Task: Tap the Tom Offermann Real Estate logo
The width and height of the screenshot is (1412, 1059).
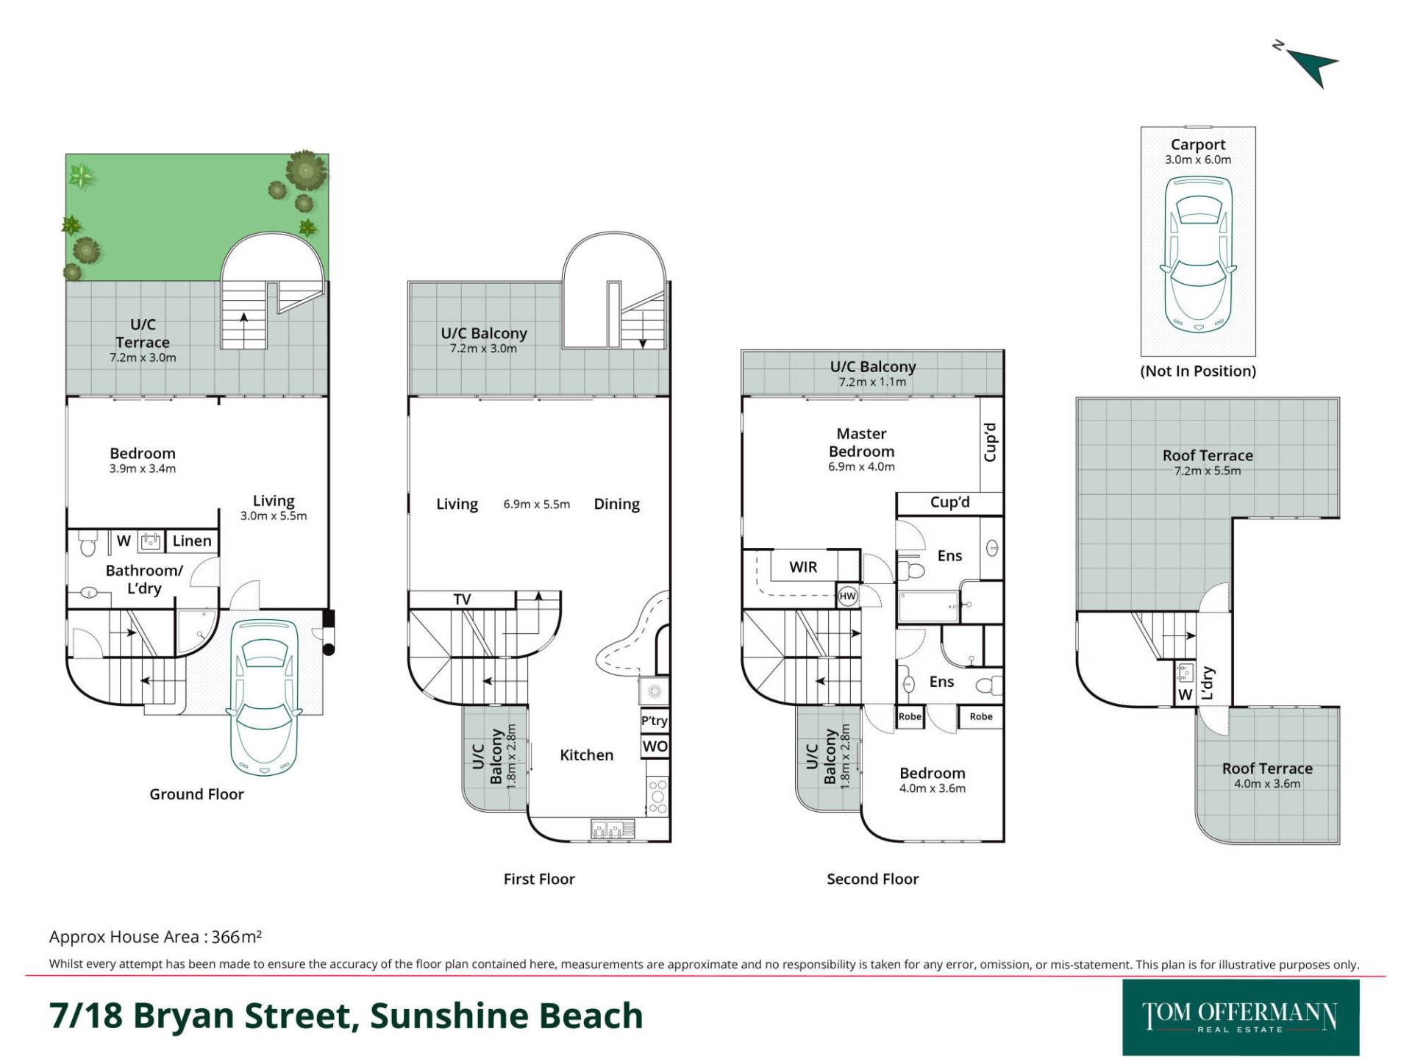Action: coord(1241,1018)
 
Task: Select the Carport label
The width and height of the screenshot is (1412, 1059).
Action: coord(1198,145)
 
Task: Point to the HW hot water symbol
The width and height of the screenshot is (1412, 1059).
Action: coord(848,596)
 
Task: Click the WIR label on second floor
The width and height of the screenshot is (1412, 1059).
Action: coord(803,567)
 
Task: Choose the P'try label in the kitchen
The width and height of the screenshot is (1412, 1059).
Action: coord(655,721)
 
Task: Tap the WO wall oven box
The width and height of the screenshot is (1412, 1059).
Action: coord(655,746)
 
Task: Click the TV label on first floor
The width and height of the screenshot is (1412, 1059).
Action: coord(462,599)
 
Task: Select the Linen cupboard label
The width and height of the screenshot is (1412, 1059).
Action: coord(192,541)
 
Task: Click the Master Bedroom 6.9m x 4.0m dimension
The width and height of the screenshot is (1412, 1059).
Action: coord(861,466)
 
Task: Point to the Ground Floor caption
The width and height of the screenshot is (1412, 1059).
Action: coord(196,794)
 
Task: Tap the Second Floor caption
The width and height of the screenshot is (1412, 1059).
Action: coord(873,879)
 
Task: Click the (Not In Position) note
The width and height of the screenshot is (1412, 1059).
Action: coord(1198,371)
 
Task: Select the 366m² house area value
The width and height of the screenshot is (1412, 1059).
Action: coord(237,936)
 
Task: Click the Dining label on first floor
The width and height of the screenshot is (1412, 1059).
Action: coord(617,504)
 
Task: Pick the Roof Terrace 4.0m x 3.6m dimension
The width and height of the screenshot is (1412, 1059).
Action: coord(1267,784)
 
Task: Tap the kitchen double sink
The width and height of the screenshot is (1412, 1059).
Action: coord(613,830)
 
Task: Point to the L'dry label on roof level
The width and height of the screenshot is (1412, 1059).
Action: coord(1207,683)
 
